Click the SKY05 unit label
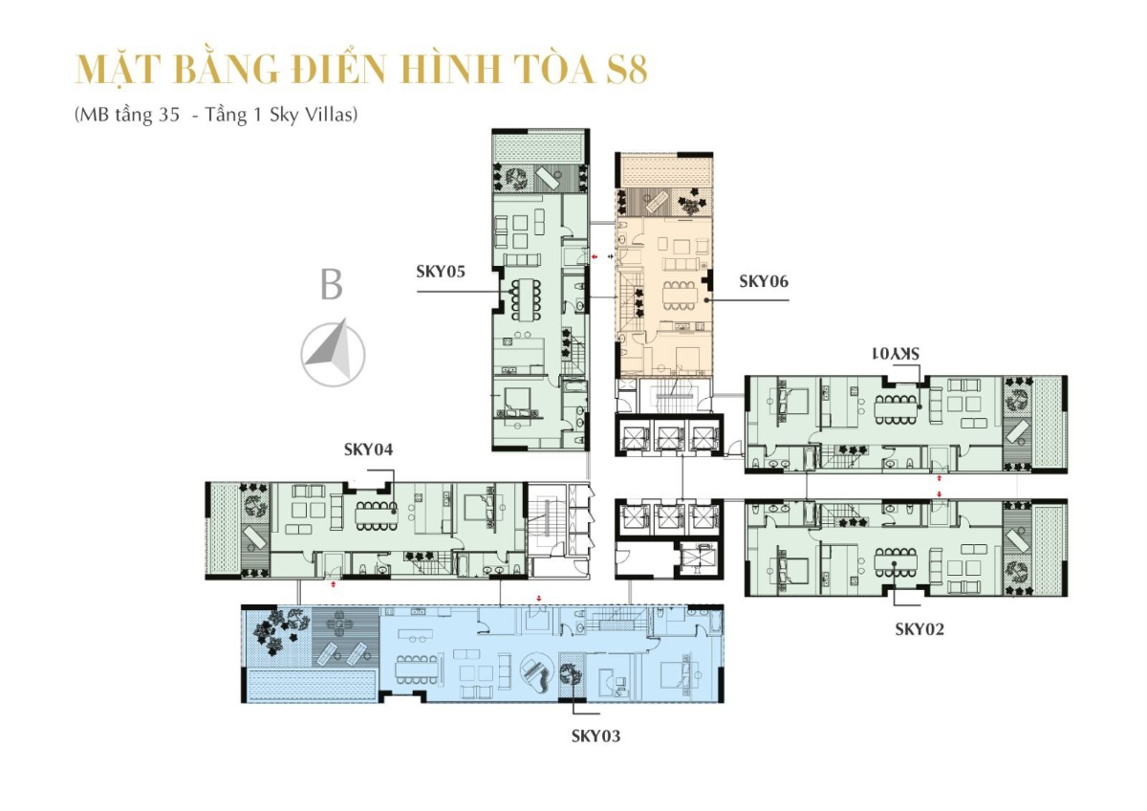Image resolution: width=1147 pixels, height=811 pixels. (x=441, y=272)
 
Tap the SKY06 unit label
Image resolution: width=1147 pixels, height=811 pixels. (x=764, y=281)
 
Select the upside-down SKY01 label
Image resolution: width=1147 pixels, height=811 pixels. (x=896, y=353)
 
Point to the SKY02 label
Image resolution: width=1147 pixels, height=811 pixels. (x=920, y=628)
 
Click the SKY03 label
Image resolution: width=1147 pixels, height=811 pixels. (x=596, y=735)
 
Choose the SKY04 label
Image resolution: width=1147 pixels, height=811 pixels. (x=369, y=449)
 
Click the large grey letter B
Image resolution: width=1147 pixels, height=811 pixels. (x=332, y=285)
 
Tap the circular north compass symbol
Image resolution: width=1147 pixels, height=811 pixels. (x=333, y=354)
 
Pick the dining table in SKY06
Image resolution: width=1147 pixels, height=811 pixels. (x=680, y=296)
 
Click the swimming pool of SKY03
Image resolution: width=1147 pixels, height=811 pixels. (x=310, y=685)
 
